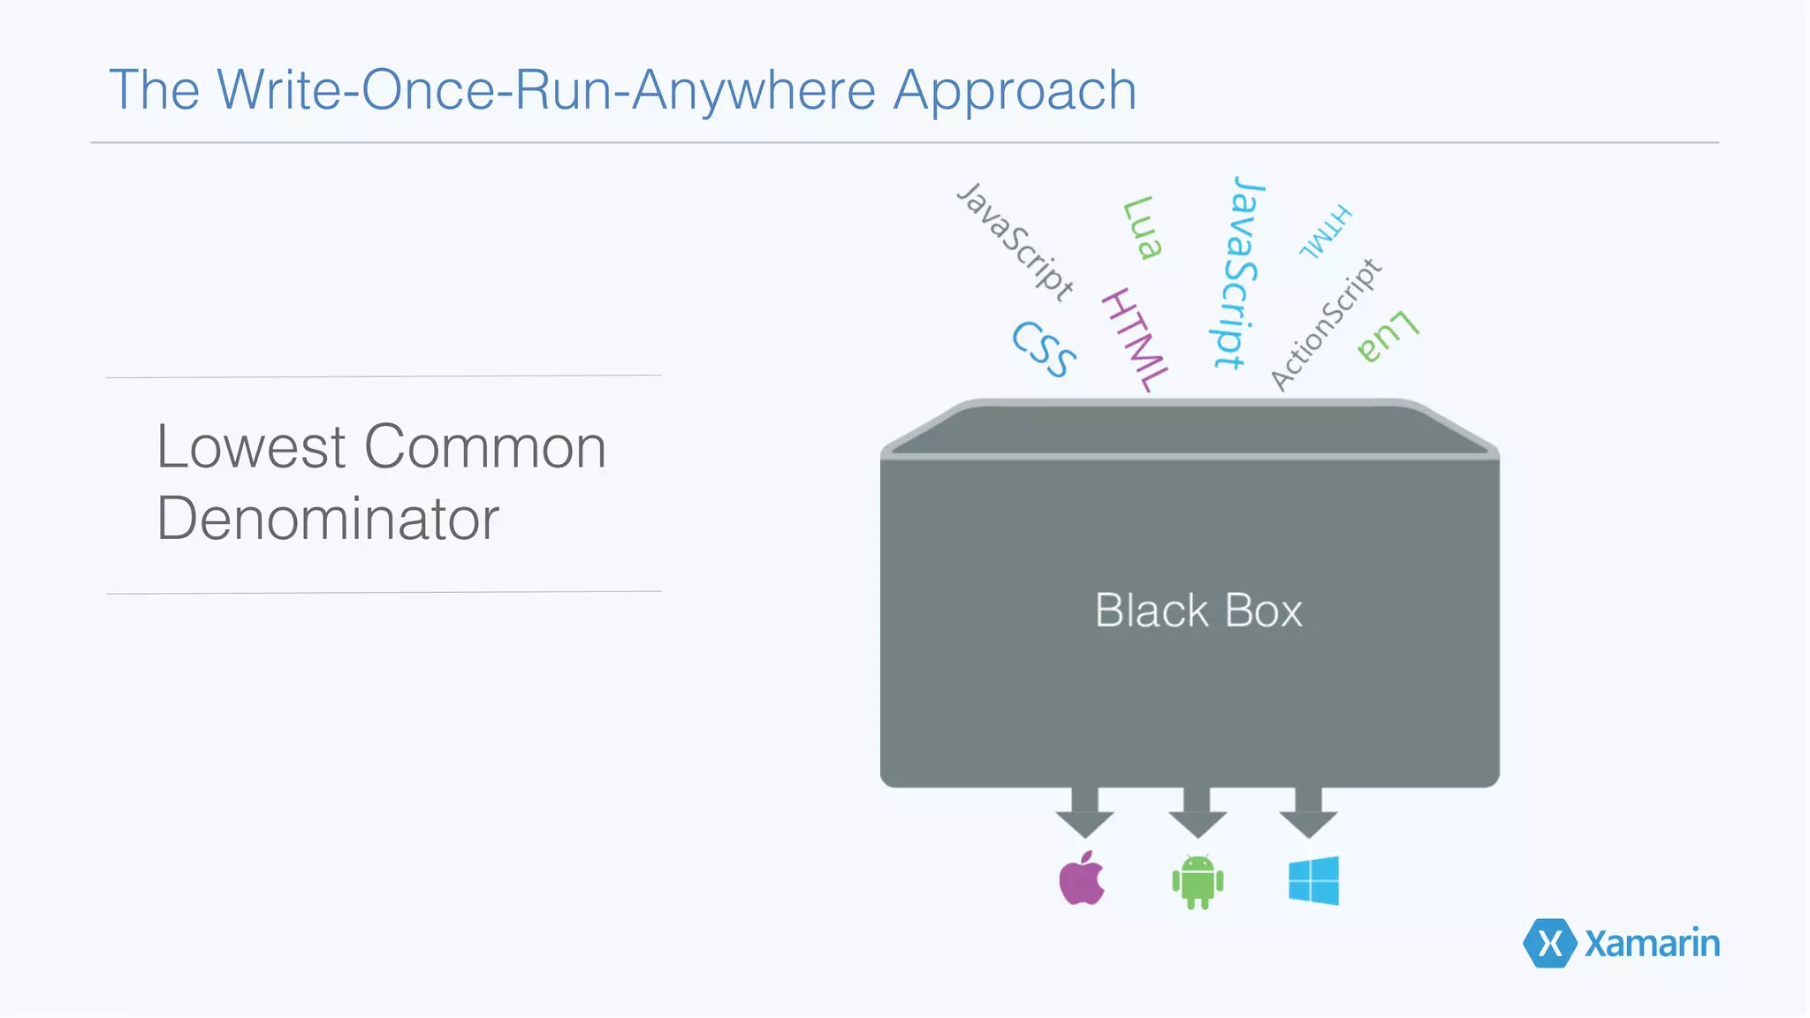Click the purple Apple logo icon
[1082, 879]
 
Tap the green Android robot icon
[1198, 882]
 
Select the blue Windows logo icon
[1313, 880]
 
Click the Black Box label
[1198, 611]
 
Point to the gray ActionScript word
[1326, 324]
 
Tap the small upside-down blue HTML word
[1326, 232]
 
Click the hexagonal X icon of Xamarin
[1549, 944]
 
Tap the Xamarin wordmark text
[1652, 944]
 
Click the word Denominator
[328, 520]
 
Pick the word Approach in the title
[1015, 90]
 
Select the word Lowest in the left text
[251, 447]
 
